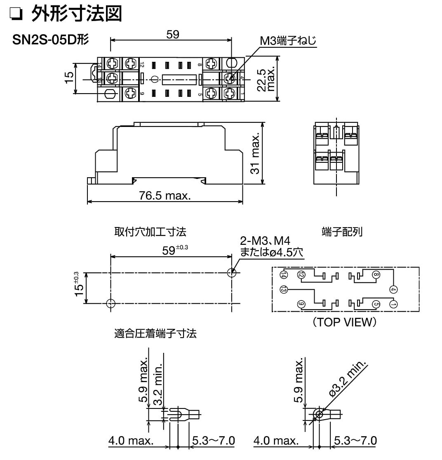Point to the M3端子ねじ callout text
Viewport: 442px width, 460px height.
tap(288, 41)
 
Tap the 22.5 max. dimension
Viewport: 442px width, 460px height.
tap(266, 79)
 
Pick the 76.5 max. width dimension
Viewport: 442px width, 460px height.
tap(165, 195)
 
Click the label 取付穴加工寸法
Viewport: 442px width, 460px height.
tap(150, 232)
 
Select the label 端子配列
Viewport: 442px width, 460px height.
tap(342, 232)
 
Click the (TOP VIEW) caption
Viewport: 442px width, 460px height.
tap(344, 322)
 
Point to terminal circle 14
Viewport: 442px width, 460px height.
tap(284, 275)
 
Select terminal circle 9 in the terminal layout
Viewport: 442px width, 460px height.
tap(301, 304)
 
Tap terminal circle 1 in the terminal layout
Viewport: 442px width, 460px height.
tap(393, 304)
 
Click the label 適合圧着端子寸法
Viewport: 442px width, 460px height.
tap(155, 333)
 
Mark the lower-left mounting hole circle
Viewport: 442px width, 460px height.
tap(110, 303)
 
